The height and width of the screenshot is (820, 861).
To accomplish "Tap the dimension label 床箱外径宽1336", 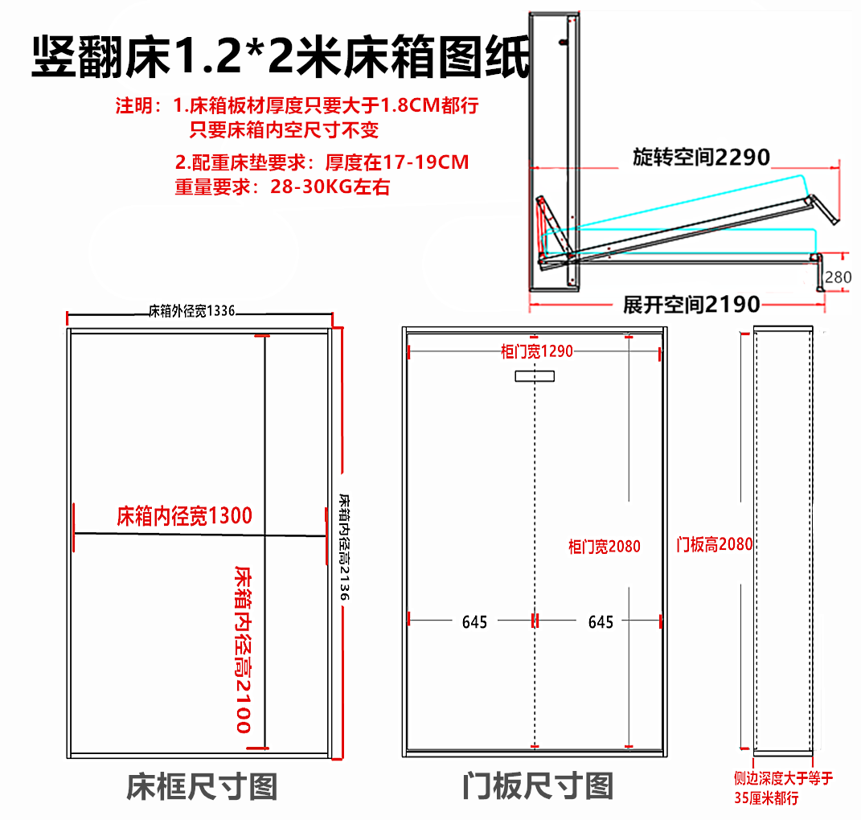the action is (x=191, y=311).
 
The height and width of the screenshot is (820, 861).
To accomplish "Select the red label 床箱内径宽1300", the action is (x=185, y=516).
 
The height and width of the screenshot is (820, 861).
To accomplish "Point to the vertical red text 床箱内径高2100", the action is (x=243, y=650).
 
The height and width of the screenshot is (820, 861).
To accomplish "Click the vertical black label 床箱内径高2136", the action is (x=344, y=547).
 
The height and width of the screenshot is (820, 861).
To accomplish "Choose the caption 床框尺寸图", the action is (x=202, y=786).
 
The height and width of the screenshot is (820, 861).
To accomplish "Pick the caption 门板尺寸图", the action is (x=538, y=786).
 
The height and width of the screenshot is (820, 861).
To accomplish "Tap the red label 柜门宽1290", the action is (x=536, y=351).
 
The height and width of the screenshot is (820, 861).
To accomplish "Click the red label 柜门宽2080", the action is (x=604, y=547).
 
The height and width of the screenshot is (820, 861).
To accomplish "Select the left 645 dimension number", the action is (x=474, y=622).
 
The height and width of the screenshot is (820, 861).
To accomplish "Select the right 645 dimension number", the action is (x=601, y=622).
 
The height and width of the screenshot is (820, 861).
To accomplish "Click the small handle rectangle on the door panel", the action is (x=535, y=376).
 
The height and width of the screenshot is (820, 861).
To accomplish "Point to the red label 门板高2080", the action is (x=715, y=544).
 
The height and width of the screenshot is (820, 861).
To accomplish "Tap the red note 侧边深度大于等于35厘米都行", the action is (x=783, y=788).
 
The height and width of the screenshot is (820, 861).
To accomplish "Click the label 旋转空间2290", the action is (x=701, y=158).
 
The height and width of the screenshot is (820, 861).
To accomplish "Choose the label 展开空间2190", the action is (x=691, y=304).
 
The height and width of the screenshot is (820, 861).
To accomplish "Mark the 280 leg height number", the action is (x=838, y=277).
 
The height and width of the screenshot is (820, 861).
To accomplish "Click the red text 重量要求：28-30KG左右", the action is (x=282, y=187).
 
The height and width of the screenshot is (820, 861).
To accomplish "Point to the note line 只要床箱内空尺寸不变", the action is (x=284, y=129).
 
